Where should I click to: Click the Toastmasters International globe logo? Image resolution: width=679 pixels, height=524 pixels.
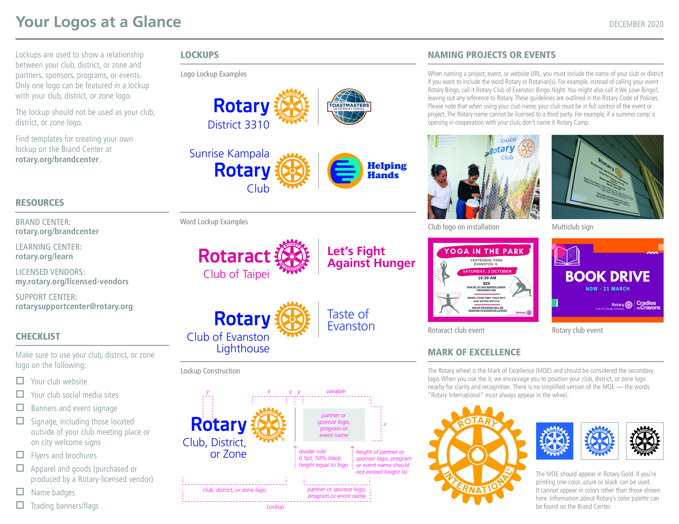[349, 107]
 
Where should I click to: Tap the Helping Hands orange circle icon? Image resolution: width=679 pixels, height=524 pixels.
[345, 171]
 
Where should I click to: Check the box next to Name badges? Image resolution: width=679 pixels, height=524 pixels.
[20, 492]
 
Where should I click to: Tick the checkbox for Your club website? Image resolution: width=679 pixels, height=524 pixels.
[20, 381]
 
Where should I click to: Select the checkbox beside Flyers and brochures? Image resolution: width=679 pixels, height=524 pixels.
[20, 455]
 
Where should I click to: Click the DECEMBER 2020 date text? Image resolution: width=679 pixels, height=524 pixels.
[636, 24]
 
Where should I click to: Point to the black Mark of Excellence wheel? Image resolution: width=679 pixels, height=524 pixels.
[645, 441]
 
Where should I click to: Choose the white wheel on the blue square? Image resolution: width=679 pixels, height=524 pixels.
[555, 441]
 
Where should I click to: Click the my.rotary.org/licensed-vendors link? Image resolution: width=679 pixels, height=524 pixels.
[72, 282]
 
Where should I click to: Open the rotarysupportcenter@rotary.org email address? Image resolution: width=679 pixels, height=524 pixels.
[74, 307]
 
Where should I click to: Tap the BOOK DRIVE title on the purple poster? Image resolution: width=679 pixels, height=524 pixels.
[607, 277]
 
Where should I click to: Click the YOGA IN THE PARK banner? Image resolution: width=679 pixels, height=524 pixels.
[484, 251]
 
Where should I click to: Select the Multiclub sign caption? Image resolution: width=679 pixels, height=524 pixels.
[572, 227]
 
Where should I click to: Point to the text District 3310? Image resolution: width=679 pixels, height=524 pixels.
[238, 125]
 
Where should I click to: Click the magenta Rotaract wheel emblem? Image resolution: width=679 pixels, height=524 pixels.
[292, 257]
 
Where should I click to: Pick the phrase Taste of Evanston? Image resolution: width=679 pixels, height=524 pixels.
[351, 320]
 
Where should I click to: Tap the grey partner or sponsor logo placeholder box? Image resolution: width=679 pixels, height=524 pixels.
[334, 425]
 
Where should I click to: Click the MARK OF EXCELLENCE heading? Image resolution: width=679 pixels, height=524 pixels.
[474, 352]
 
